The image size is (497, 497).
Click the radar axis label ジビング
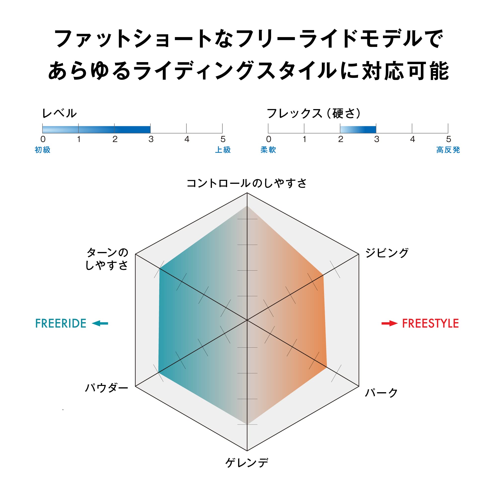(x=387, y=253)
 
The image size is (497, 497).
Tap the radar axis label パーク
(x=381, y=393)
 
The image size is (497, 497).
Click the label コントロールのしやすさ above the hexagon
(x=247, y=183)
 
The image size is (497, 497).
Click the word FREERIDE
(x=61, y=323)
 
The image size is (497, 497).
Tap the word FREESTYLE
(x=430, y=323)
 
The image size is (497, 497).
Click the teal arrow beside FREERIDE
(x=100, y=323)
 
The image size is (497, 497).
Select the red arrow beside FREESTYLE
(x=389, y=323)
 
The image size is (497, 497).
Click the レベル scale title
(x=59, y=113)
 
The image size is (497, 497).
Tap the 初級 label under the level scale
(x=42, y=150)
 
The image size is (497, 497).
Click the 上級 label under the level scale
(x=223, y=150)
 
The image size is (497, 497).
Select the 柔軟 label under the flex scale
(x=268, y=150)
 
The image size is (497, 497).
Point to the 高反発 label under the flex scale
(x=448, y=150)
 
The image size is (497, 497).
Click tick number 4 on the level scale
(x=187, y=139)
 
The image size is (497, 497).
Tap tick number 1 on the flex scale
(x=304, y=139)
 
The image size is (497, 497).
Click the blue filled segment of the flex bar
(x=358, y=130)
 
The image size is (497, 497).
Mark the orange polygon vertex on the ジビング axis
(x=323, y=275)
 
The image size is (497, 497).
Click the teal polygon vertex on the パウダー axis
(x=158, y=372)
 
